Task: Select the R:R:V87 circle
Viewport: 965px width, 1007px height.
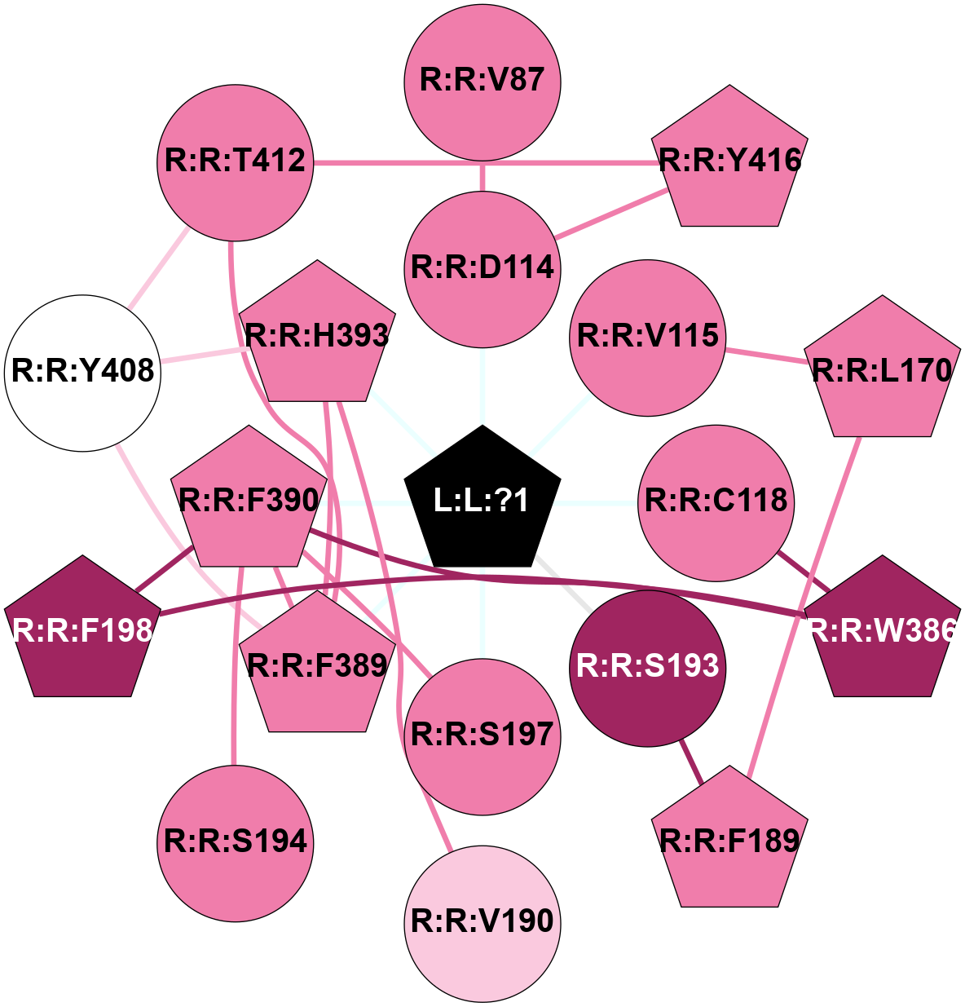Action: point(482,80)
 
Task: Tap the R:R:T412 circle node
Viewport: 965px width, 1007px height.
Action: point(236,161)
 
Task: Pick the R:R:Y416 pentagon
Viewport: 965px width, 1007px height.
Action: point(730,160)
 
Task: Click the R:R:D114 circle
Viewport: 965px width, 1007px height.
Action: point(482,268)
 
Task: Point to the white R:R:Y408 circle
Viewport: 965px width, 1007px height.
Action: point(83,373)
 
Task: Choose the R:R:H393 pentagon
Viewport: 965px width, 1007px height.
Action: point(317,336)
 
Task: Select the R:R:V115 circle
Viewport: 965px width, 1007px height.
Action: point(648,337)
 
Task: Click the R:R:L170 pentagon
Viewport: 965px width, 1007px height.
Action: point(883,371)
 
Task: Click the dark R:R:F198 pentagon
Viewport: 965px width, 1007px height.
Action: point(82,630)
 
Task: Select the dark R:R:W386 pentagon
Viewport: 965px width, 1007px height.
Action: point(883,630)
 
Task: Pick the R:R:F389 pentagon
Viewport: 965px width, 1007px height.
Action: point(317,666)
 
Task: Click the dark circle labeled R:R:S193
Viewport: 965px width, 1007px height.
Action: point(648,667)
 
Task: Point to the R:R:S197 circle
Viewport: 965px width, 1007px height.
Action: point(482,735)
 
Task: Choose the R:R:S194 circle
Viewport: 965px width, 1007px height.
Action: point(236,842)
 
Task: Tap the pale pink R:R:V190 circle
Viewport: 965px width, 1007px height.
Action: point(482,922)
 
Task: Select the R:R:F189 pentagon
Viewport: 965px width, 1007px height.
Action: point(730,841)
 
